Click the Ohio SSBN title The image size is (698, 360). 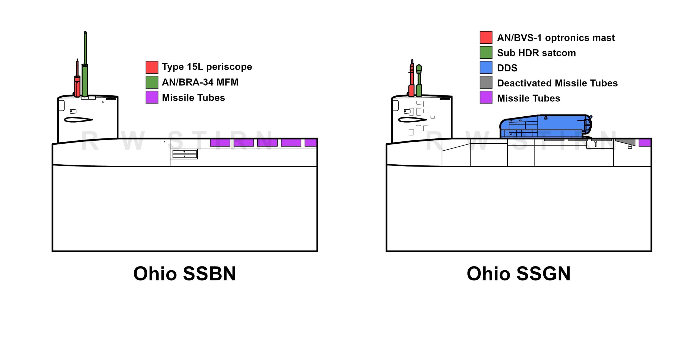point(185,274)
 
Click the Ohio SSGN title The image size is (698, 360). point(518,274)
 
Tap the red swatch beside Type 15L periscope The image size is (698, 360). point(152,67)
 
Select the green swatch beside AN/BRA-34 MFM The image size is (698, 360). point(152,82)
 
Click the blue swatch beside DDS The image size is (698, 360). point(486,67)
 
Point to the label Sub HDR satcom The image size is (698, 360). point(536,53)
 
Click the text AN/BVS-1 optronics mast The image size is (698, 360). point(556,38)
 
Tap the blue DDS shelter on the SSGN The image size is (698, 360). point(545,126)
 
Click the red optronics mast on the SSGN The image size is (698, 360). point(412,82)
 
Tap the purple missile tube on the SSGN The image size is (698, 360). point(645,143)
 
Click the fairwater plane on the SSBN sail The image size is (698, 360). point(78,120)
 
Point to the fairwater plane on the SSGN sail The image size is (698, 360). point(412,120)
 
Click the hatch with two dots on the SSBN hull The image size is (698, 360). point(185,154)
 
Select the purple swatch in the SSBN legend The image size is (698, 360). point(152,97)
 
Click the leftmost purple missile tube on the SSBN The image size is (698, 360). point(220,143)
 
